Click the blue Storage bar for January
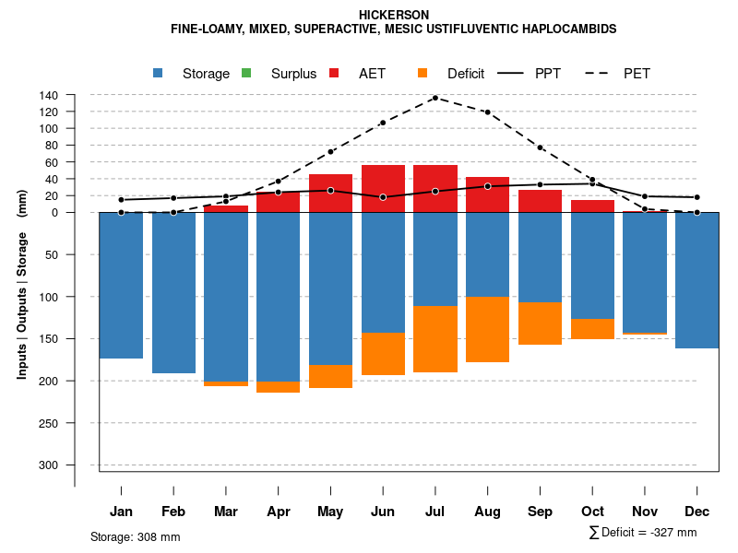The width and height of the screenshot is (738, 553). (x=121, y=286)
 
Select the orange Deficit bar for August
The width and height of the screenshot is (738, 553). (x=487, y=329)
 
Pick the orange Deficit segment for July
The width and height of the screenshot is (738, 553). (x=435, y=338)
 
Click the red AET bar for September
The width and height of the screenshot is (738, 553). (x=540, y=201)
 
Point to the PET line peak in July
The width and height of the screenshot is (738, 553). (x=435, y=97)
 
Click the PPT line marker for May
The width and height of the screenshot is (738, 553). (x=330, y=190)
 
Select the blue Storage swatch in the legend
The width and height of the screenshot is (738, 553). (x=159, y=73)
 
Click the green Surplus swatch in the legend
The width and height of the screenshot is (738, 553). (x=246, y=73)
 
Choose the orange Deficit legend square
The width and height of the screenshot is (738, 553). (x=423, y=73)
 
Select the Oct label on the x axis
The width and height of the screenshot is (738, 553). (x=592, y=512)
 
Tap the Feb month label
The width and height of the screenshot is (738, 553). (x=173, y=512)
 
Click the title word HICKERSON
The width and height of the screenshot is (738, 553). (x=394, y=15)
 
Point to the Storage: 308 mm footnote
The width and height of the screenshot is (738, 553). (x=135, y=536)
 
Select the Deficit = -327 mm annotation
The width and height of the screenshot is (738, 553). (x=643, y=533)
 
